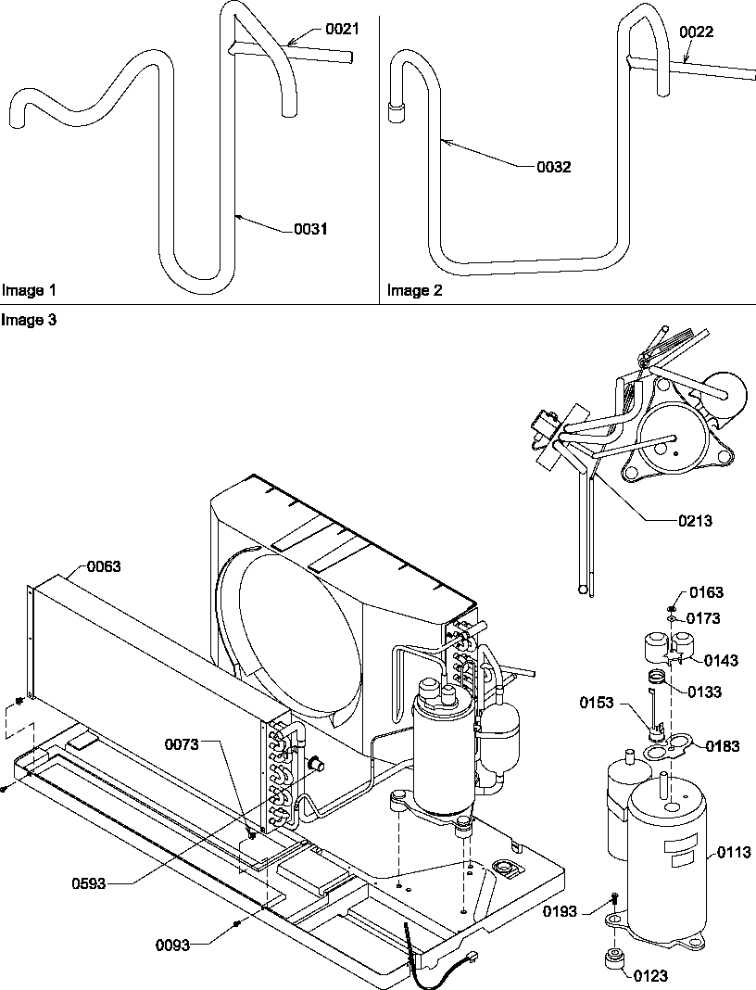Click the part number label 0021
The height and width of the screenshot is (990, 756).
click(x=341, y=30)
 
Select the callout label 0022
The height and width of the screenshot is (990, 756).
click(x=696, y=32)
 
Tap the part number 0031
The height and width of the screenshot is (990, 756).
click(x=310, y=228)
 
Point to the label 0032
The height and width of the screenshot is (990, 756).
click(x=554, y=168)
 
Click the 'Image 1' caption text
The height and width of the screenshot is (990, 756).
click(x=29, y=290)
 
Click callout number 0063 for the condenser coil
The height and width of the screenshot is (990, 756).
click(x=104, y=565)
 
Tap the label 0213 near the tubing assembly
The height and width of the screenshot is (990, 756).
click(x=694, y=521)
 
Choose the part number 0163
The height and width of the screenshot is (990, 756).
click(x=707, y=593)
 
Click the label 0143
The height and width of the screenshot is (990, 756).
click(x=721, y=660)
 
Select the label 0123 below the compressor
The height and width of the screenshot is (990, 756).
click(x=650, y=975)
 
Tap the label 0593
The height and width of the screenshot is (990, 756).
click(x=91, y=883)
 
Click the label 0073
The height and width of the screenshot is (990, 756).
click(x=183, y=744)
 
